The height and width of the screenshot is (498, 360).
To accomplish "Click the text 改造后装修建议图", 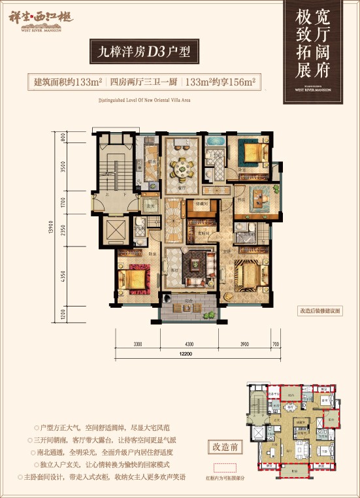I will pos(319,311).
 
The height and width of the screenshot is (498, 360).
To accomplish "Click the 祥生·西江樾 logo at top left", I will pos(43,20).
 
